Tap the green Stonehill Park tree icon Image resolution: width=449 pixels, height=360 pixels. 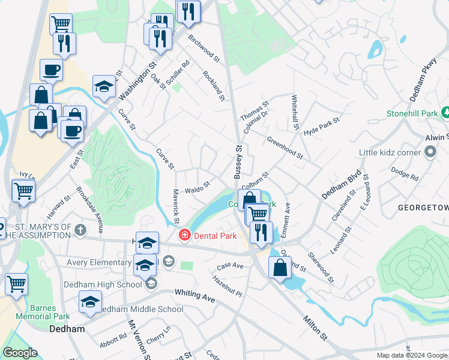point(445,112)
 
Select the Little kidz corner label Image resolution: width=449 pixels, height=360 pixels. point(390,152)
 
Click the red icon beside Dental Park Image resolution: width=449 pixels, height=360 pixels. point(185,236)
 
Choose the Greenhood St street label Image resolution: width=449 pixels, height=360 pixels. point(285,148)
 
